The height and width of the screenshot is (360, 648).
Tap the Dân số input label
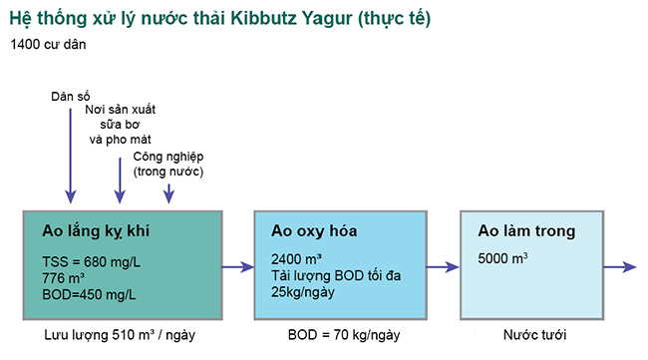71,97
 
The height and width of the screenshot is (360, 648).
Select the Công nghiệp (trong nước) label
167,164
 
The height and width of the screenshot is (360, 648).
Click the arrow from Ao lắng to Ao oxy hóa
237,266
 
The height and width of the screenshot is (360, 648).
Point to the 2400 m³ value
296,259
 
